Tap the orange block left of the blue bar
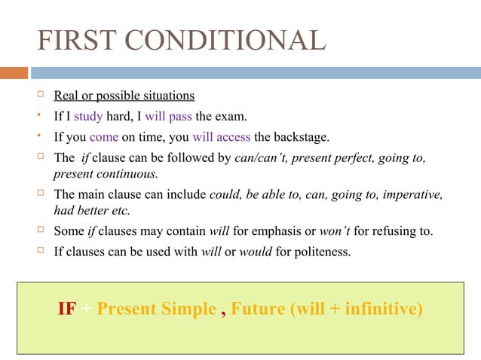14,73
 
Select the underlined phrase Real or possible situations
124,96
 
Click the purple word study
87,117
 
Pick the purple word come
103,138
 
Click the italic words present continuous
106,174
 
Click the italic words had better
81,211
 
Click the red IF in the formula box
66,310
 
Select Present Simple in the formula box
156,310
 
